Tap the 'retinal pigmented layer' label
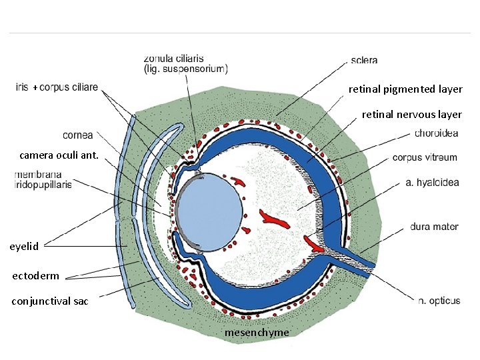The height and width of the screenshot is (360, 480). coord(405,89)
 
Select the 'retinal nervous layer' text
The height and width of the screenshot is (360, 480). coord(411,115)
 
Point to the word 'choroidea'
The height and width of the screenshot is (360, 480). coord(436,133)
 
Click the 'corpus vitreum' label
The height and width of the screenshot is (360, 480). coord(425,158)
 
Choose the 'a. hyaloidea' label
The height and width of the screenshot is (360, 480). coord(432,183)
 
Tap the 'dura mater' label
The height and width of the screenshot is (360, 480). coord(434,227)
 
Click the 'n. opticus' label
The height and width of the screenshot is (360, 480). coord(439,301)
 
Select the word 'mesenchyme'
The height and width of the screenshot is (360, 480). coord(257,332)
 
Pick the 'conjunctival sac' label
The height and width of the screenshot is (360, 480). coord(50,301)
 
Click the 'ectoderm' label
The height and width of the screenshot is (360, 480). coord(36,275)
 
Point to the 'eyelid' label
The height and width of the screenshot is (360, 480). coord(25,246)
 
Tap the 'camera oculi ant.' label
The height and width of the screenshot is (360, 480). coord(59,155)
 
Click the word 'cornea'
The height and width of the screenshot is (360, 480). coord(78,135)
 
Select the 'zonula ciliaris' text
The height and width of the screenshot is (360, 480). coord(174,58)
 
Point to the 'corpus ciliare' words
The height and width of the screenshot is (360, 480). coord(69,87)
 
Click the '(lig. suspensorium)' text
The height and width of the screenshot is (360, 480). coord(186,68)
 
